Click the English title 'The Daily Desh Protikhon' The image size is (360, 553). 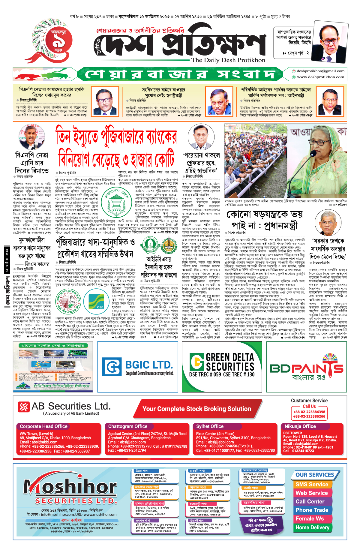point(228,60)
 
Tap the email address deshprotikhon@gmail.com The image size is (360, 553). point(320,71)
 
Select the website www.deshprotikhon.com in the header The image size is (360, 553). point(320,77)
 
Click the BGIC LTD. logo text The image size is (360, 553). point(148,365)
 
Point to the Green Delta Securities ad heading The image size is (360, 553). point(230,362)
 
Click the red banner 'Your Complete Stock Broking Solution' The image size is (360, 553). point(196,409)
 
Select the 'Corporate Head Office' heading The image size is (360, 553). point(43,426)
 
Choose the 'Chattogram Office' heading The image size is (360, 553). point(128,426)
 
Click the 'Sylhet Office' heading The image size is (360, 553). point(210,426)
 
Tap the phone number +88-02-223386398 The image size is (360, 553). point(309,412)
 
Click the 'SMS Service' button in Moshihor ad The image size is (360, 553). point(312,485)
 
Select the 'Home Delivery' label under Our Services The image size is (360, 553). point(312,527)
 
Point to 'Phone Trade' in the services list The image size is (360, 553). point(312,510)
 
